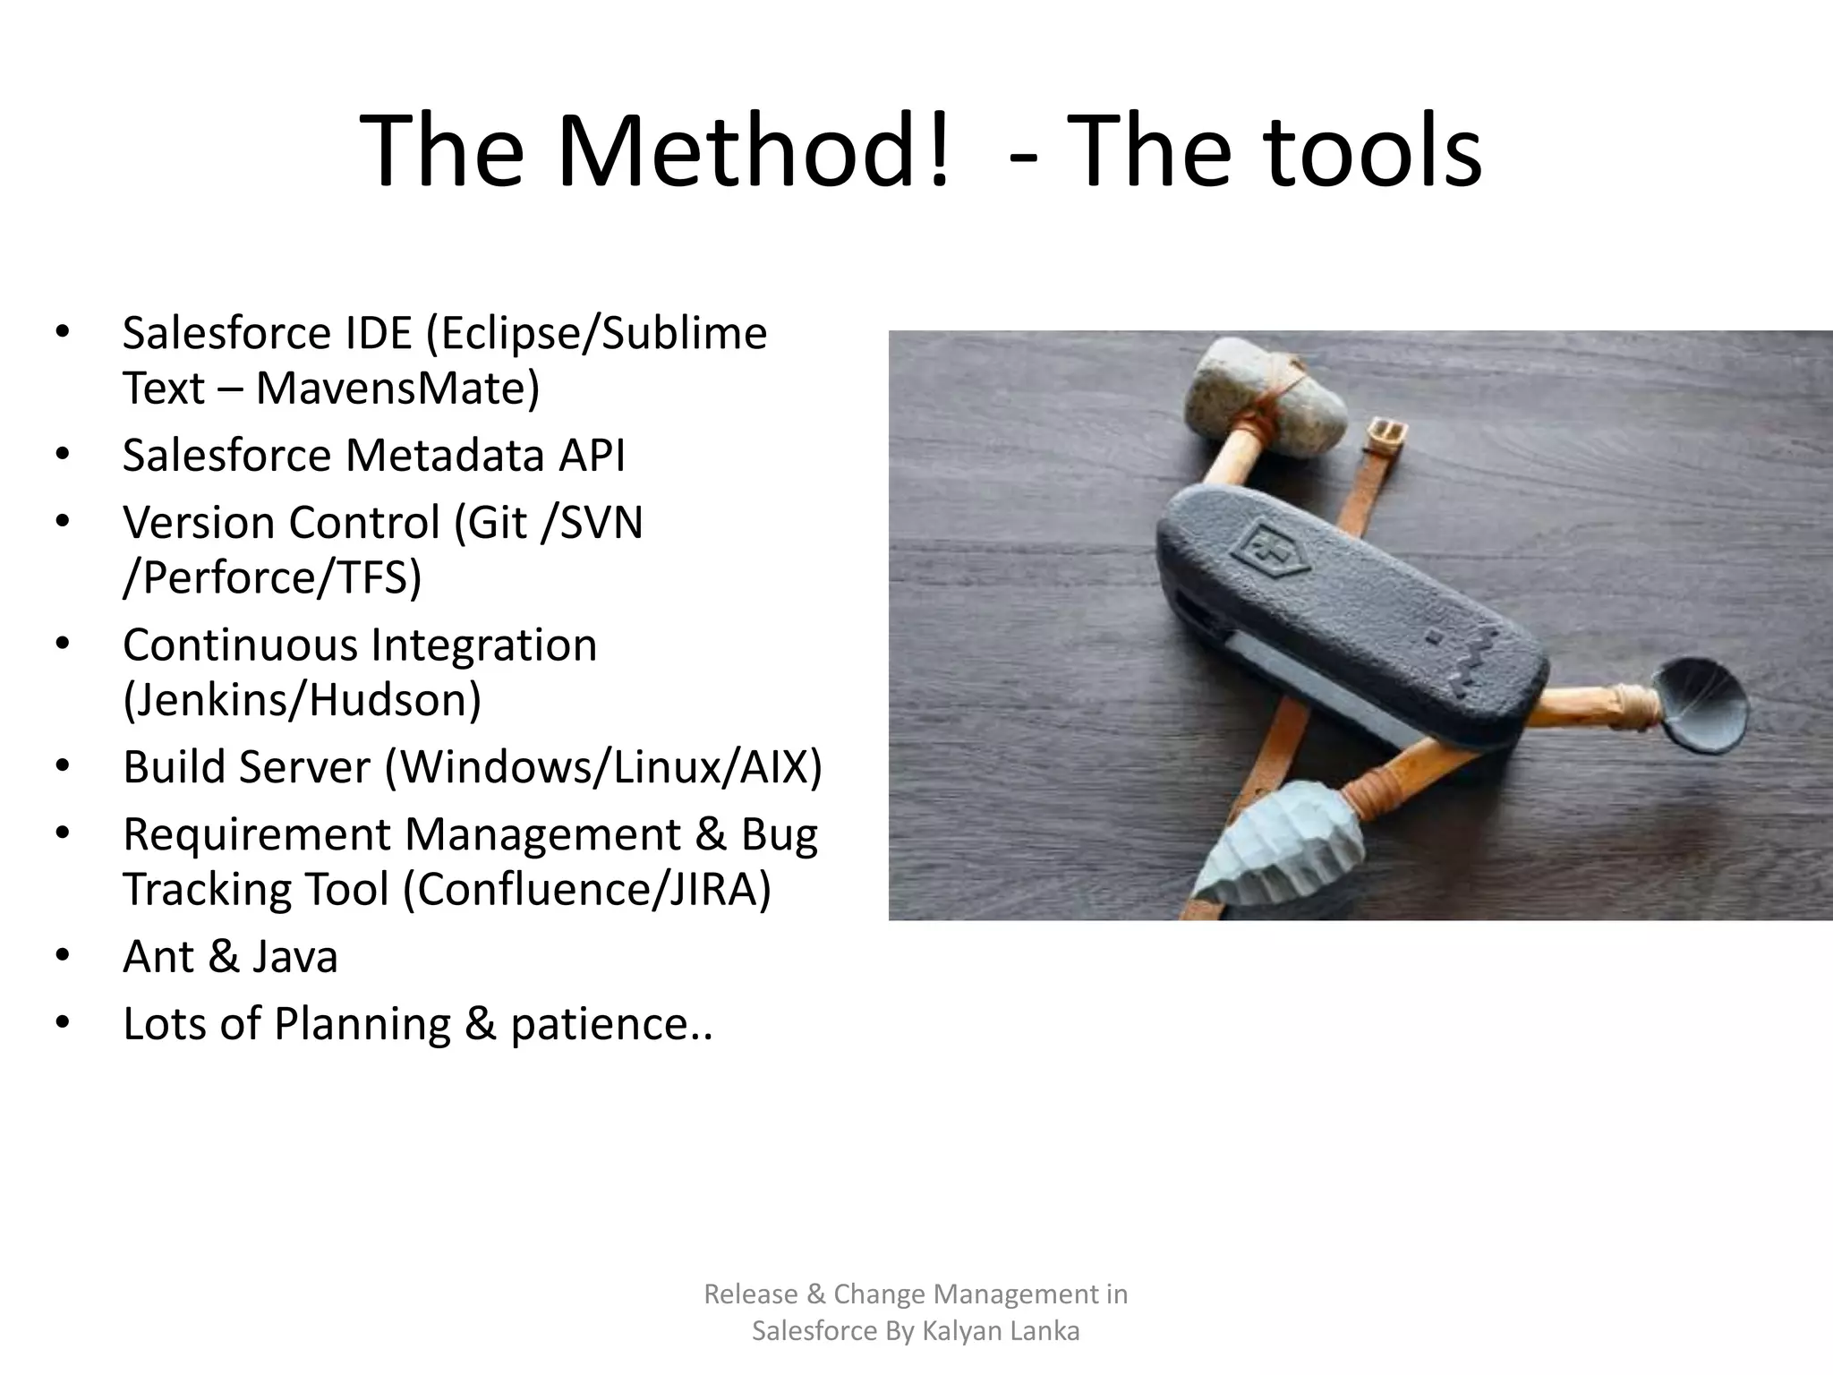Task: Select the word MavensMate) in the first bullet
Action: point(397,389)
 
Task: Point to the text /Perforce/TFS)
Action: point(272,577)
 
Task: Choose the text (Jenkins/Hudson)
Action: point(302,699)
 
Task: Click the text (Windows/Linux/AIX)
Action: point(603,767)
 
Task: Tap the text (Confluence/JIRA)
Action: point(586,890)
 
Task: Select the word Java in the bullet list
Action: point(294,956)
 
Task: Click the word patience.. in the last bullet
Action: point(611,1024)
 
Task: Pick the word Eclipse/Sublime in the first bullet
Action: point(596,333)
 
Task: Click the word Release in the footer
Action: point(750,1294)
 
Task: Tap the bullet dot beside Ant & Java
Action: point(62,956)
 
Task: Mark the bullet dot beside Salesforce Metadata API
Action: point(62,455)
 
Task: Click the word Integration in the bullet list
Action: point(483,645)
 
